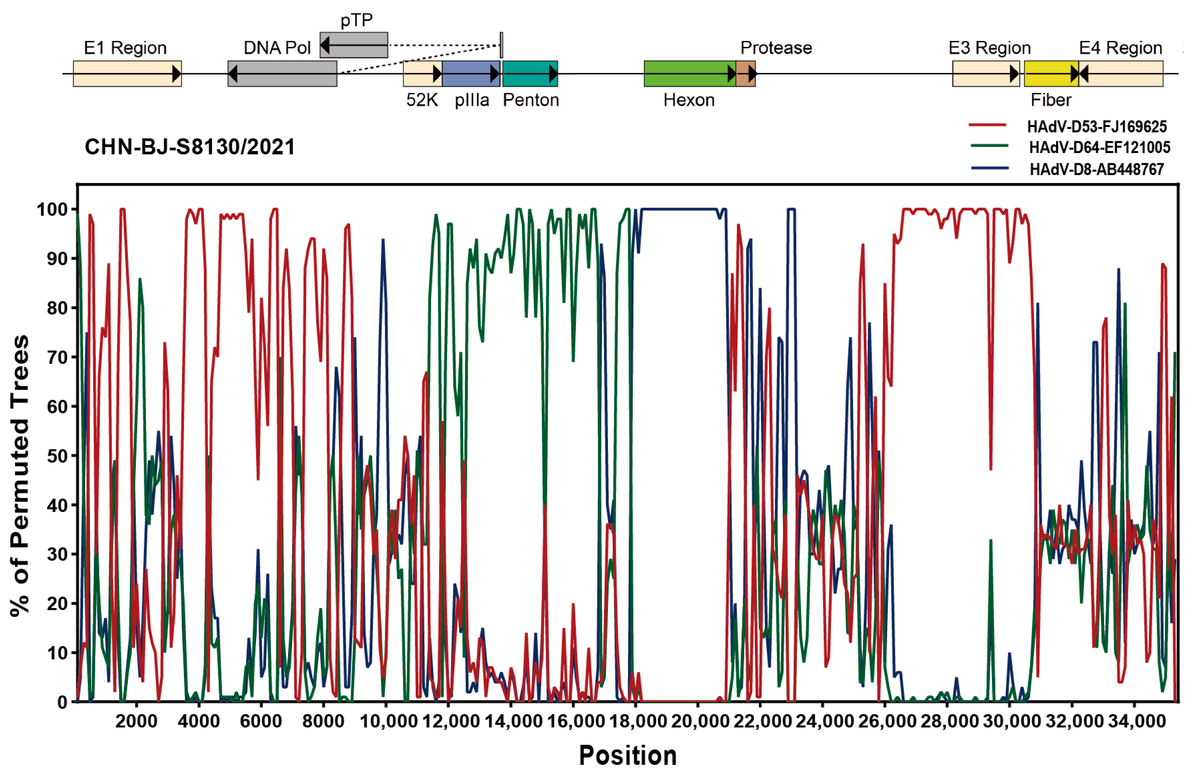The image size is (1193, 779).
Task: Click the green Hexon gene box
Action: tap(689, 74)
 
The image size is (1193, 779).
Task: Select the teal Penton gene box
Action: tap(530, 74)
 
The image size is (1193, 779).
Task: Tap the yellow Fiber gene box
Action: tap(1050, 74)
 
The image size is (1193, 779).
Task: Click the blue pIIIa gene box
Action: tap(471, 74)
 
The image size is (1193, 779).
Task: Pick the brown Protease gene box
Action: tap(745, 74)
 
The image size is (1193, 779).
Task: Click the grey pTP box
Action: tap(354, 45)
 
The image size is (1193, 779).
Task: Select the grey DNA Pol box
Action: tap(282, 74)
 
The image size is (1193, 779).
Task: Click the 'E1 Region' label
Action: tap(125, 48)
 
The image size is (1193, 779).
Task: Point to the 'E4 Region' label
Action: tap(1120, 48)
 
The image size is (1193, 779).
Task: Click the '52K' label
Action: tap(422, 100)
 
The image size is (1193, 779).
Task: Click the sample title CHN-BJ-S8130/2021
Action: tap(190, 147)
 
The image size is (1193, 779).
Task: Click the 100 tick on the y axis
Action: tap(52, 209)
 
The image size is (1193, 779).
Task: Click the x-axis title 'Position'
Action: tap(628, 755)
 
